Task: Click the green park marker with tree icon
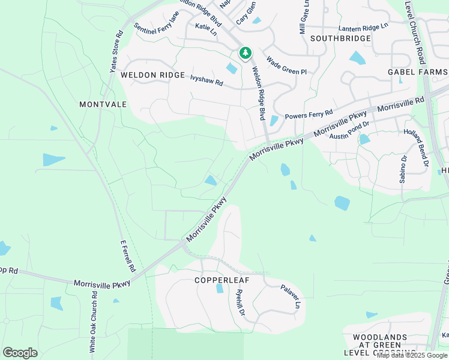point(245,53)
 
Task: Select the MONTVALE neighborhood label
point(103,104)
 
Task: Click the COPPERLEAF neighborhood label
point(221,280)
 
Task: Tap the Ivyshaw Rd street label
point(206,81)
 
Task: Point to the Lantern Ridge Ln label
point(363,28)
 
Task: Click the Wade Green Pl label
point(286,67)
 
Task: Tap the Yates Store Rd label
point(116,52)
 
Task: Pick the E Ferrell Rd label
point(129,256)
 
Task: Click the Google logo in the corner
point(20,352)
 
